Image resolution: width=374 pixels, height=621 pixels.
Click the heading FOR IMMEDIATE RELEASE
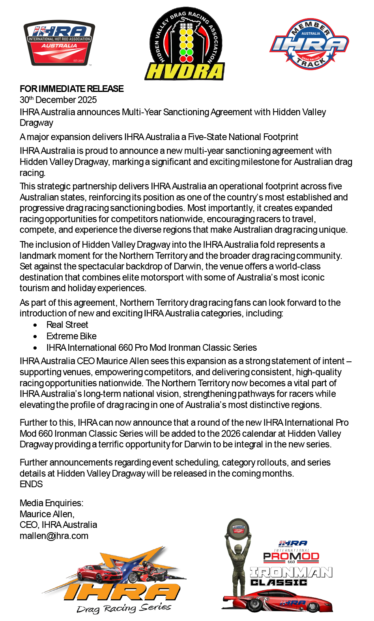click(x=72, y=89)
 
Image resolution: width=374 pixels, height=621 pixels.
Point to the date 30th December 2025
click(x=58, y=100)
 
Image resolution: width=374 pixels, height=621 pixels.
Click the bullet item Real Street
click(x=67, y=325)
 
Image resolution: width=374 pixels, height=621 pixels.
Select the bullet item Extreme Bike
click(x=71, y=336)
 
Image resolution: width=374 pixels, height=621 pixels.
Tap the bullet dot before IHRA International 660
click(x=36, y=348)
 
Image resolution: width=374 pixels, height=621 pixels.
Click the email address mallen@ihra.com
click(x=54, y=536)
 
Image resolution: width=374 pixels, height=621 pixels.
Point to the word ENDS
click(x=31, y=484)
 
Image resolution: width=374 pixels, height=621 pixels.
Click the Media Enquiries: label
click(x=51, y=503)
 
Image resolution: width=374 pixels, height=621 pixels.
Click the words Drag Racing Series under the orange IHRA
click(x=124, y=608)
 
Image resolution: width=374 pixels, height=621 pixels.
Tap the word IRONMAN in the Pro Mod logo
click(x=291, y=572)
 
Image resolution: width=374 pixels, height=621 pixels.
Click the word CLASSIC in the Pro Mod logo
click(x=279, y=582)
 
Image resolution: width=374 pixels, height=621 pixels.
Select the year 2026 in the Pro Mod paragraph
click(x=230, y=434)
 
